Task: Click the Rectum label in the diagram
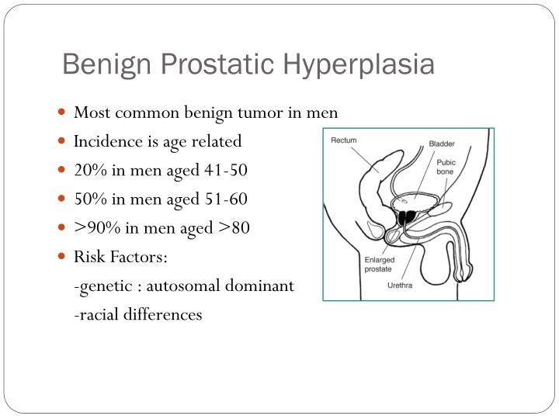click(x=344, y=140)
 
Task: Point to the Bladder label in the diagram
click(x=443, y=144)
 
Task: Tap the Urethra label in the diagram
click(x=401, y=285)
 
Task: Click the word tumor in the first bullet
click(x=262, y=113)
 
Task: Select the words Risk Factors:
click(x=120, y=257)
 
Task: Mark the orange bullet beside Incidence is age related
click(x=62, y=141)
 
